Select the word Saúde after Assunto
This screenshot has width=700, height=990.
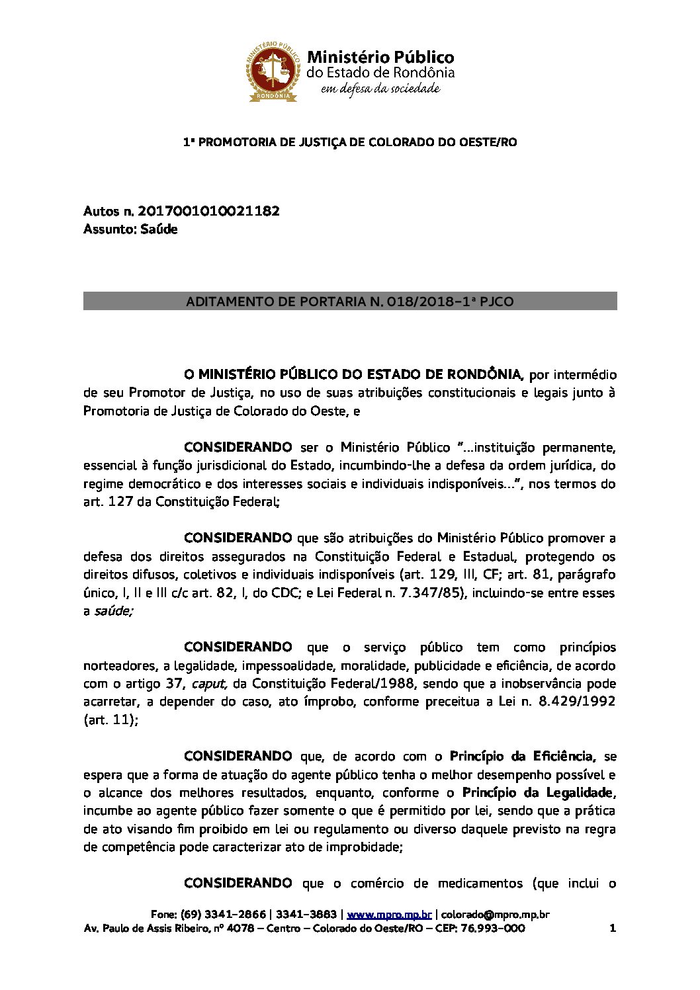click(x=159, y=229)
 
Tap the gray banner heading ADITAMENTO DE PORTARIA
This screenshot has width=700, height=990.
click(x=349, y=302)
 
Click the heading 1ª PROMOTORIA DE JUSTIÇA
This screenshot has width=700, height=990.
click(x=349, y=142)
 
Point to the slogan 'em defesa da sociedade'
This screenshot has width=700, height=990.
click(x=380, y=89)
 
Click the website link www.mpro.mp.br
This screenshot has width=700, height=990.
click(x=389, y=915)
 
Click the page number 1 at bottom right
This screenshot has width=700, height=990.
click(x=612, y=928)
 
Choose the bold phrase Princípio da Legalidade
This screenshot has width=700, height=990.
click(x=538, y=792)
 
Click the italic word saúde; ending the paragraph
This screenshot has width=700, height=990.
click(x=113, y=611)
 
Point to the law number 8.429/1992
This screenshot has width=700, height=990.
click(x=577, y=702)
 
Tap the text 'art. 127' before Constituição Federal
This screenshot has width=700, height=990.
click(x=107, y=502)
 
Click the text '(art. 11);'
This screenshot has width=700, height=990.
click(x=110, y=720)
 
